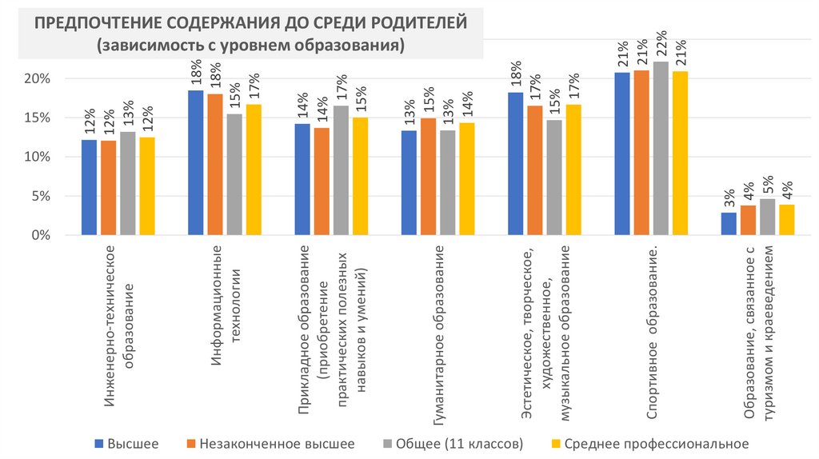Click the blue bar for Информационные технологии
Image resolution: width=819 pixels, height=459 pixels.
click(195, 163)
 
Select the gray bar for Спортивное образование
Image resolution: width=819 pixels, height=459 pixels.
click(661, 149)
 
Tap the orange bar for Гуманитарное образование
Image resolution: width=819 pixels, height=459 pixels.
click(428, 177)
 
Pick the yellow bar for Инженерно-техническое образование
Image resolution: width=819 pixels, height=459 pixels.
click(146, 186)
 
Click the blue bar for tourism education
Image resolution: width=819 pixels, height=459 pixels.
click(728, 224)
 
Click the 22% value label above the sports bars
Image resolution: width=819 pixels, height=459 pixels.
click(661, 46)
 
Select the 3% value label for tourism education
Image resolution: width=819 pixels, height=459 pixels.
click(728, 198)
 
